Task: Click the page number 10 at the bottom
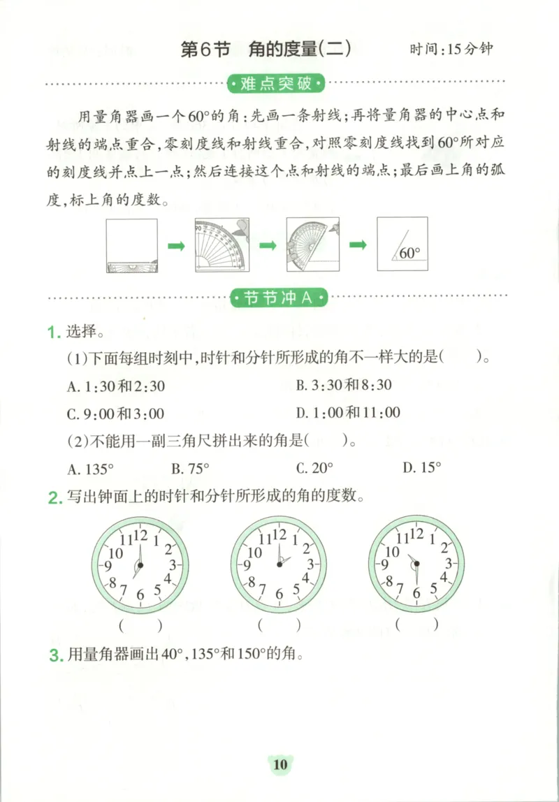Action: pyautogui.click(x=279, y=765)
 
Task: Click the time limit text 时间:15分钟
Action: pyautogui.click(x=451, y=50)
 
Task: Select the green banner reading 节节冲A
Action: pyautogui.click(x=278, y=298)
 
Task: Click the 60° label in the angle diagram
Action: pyautogui.click(x=410, y=253)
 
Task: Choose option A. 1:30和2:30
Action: pyautogui.click(x=116, y=386)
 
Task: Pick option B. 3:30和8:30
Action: pyautogui.click(x=343, y=385)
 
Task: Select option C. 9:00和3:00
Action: pyautogui.click(x=115, y=414)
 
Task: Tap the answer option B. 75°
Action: pyautogui.click(x=190, y=468)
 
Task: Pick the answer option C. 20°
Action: pyautogui.click(x=314, y=468)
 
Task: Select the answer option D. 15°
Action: pyautogui.click(x=421, y=468)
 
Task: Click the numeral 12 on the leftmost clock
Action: pyautogui.click(x=140, y=536)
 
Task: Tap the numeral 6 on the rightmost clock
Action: pyautogui.click(x=417, y=594)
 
